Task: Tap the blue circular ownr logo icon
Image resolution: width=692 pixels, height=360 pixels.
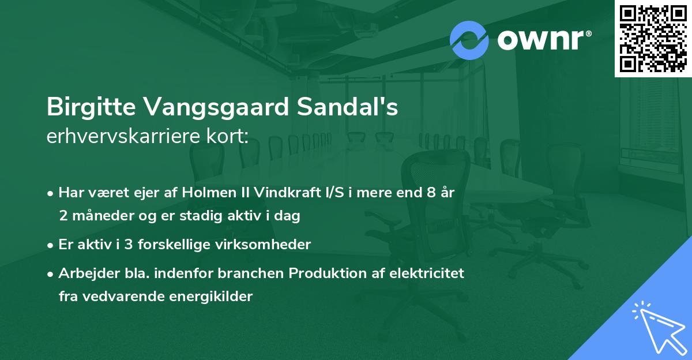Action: pos(469,40)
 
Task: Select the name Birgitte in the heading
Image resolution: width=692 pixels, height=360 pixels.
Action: pos(89,107)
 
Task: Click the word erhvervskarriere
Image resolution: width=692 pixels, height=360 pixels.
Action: pos(121,137)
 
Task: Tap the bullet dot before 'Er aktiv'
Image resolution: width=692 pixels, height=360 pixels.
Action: pos(51,245)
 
